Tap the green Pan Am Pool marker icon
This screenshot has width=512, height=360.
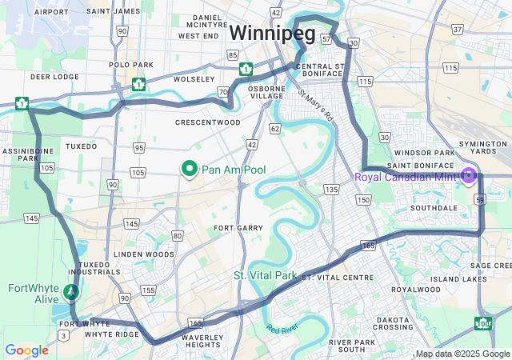tap(190, 169)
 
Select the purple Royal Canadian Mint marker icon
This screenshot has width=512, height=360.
tap(469, 176)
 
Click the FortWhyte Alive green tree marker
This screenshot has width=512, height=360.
tap(71, 292)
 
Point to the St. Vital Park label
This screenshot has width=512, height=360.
tap(265, 275)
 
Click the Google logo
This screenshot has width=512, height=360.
tap(26, 350)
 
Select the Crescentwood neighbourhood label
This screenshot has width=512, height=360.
tap(207, 122)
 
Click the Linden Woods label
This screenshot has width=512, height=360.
tap(144, 254)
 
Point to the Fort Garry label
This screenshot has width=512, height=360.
tap(238, 228)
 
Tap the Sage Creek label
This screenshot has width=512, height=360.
tap(490, 265)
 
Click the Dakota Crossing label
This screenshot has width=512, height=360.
tap(394, 322)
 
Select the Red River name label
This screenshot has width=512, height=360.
tap(282, 329)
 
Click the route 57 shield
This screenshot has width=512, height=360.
tap(326, 38)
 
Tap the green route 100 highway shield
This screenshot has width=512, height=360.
tap(482, 323)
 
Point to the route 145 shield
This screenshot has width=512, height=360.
tap(32, 218)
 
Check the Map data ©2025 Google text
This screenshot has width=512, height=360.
tap(462, 354)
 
